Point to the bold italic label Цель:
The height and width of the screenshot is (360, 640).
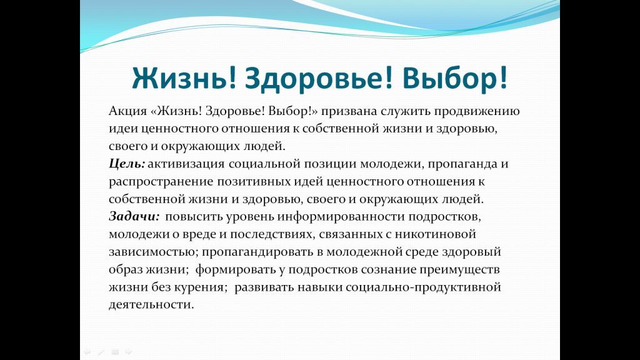click(127, 164)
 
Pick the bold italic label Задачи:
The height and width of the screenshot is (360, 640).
click(134, 217)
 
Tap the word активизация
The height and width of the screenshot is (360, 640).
click(186, 164)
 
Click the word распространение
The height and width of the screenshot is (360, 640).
click(161, 182)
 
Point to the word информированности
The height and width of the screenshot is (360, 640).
click(341, 217)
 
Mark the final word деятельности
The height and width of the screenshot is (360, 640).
click(151, 305)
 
